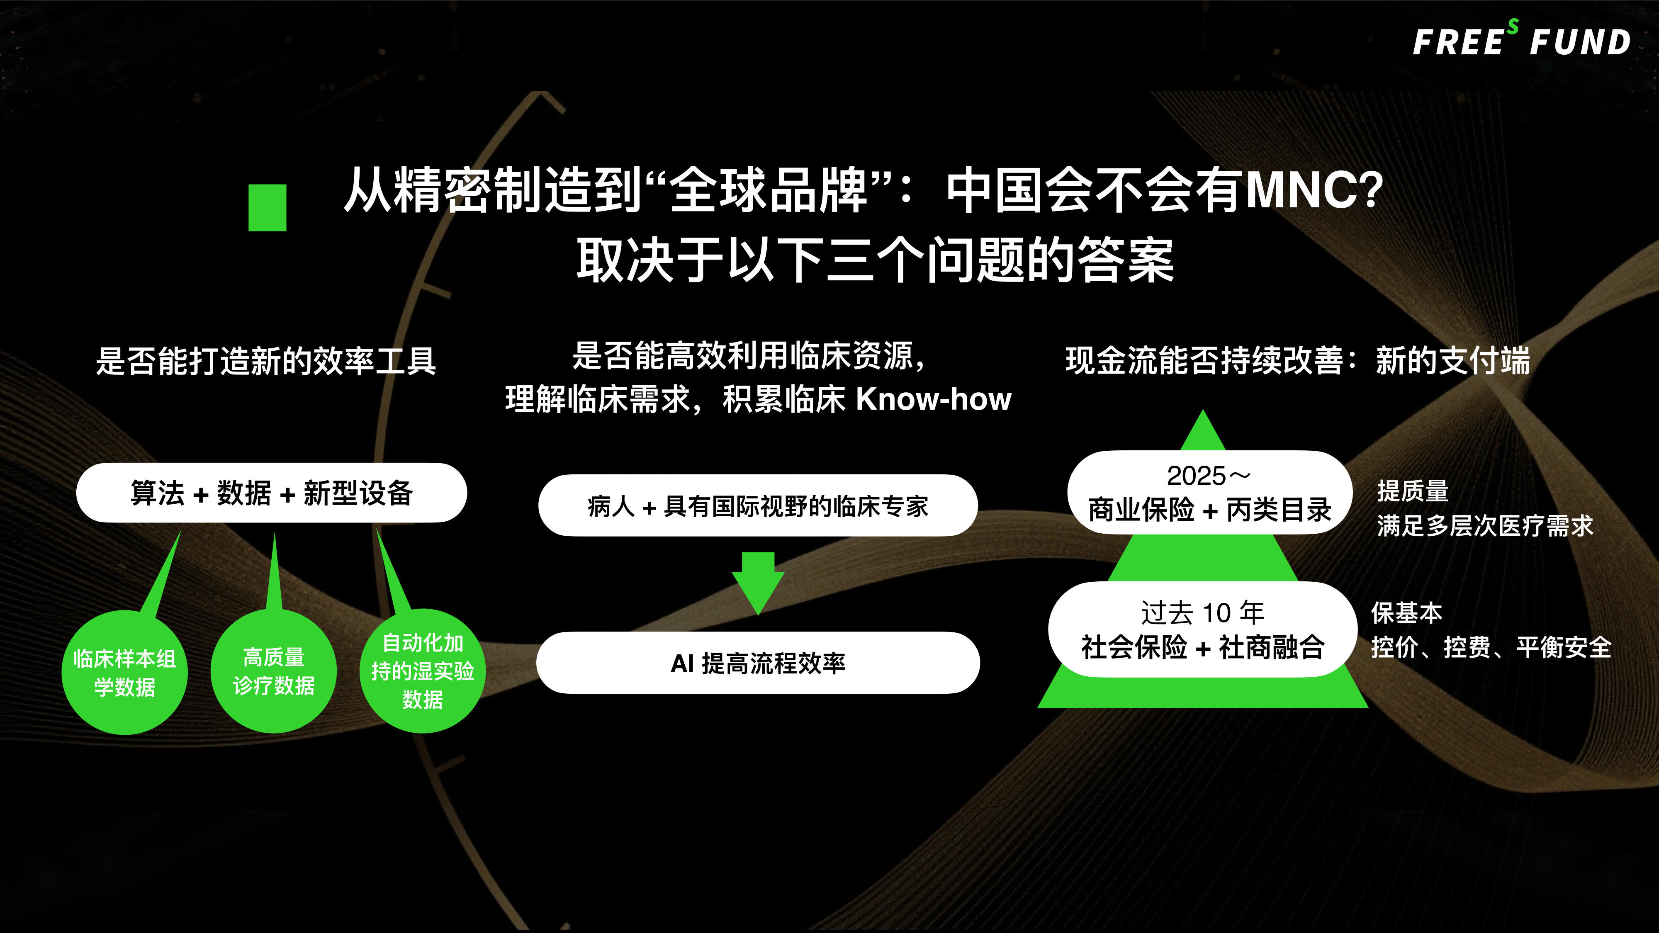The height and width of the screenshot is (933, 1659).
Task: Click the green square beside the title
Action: coord(267,207)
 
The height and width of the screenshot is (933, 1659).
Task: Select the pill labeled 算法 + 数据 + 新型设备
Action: coord(271,493)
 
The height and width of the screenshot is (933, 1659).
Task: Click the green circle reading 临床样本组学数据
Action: coord(124,672)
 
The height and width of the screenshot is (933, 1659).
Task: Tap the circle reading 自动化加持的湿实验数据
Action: coord(423,671)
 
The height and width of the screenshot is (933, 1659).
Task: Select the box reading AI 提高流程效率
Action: coord(758,663)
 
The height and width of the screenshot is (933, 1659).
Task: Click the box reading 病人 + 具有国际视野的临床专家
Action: coord(758,505)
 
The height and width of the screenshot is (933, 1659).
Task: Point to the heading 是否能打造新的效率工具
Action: coord(266,360)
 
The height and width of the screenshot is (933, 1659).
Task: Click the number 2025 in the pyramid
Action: coord(1196,476)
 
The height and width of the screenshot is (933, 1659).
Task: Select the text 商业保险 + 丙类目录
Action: coord(1209,510)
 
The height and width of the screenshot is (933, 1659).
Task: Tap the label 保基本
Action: coord(1406,612)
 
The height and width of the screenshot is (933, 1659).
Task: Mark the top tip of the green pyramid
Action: coord(1202,410)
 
